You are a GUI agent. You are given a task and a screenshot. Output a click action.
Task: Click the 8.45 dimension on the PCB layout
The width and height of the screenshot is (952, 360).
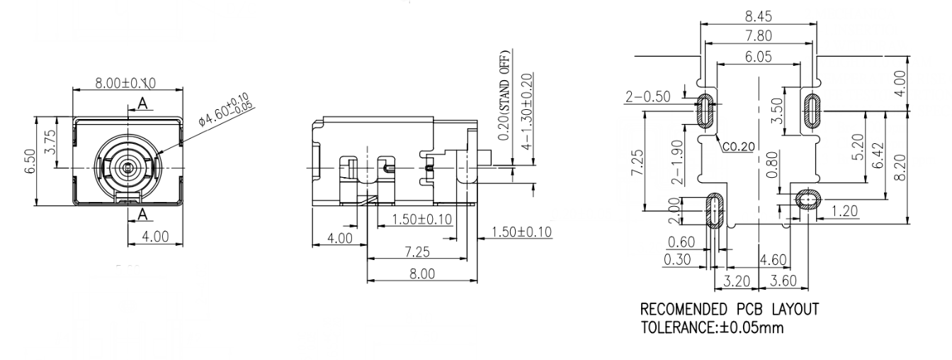pos(758,14)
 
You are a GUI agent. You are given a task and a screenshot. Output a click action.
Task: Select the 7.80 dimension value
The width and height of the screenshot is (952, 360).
pos(758,35)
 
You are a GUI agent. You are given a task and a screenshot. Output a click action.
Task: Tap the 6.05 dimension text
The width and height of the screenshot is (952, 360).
pos(759,58)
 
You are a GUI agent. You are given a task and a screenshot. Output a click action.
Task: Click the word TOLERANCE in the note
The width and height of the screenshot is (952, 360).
pos(681,328)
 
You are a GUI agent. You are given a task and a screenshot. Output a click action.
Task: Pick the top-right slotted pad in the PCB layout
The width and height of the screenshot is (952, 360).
pos(811,110)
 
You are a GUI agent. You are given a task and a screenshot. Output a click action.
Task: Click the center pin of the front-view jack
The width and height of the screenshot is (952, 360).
pos(127,167)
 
